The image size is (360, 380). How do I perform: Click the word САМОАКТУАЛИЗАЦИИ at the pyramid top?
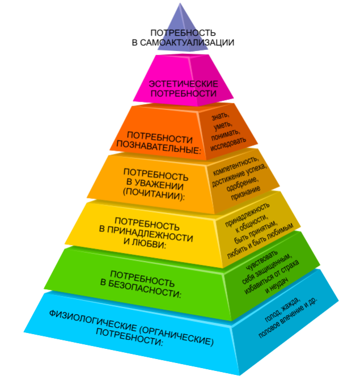point(187,43)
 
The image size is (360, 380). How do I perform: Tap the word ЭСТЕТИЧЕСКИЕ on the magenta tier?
point(183,84)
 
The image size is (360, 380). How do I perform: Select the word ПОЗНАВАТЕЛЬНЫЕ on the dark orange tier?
point(159,147)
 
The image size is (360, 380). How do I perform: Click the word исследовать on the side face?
point(228,144)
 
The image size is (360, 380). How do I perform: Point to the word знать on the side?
point(220,116)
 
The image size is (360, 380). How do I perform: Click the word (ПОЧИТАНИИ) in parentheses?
point(154,195)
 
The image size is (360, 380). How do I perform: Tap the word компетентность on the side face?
point(236,166)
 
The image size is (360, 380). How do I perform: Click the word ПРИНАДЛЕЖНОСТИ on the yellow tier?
point(150,234)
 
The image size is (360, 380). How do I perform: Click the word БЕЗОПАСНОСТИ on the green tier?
point(145,289)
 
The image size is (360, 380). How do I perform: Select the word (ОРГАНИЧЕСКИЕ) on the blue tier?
point(176,336)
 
